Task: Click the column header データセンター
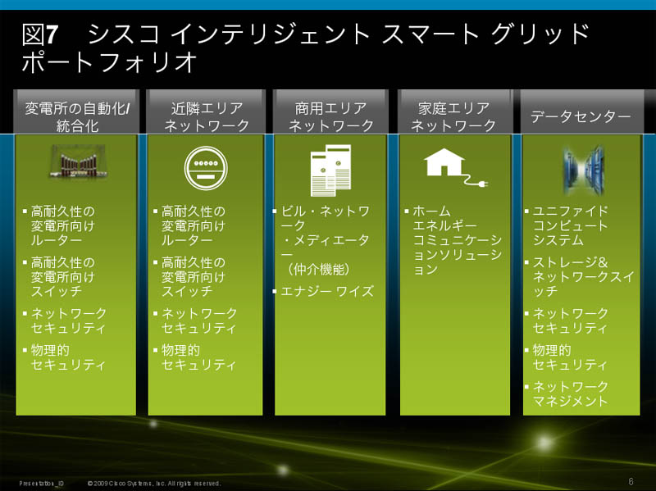click(x=581, y=116)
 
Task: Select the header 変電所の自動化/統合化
click(x=77, y=116)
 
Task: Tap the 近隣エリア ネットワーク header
click(x=207, y=116)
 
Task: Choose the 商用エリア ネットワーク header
click(x=331, y=116)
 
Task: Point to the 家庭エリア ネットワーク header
click(x=454, y=116)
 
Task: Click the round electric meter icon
click(x=206, y=168)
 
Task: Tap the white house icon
click(x=444, y=162)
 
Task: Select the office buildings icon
click(x=331, y=170)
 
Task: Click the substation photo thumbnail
click(x=78, y=161)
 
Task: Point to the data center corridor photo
click(x=584, y=170)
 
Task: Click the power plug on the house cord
click(x=482, y=183)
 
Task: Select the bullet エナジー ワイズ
click(x=326, y=291)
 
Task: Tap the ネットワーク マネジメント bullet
click(x=570, y=393)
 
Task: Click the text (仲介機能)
click(x=318, y=270)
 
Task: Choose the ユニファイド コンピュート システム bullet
click(x=570, y=225)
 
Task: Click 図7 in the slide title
click(x=39, y=34)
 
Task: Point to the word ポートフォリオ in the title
click(x=109, y=62)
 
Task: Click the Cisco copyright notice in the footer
click(x=154, y=484)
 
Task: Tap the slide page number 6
click(x=631, y=482)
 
